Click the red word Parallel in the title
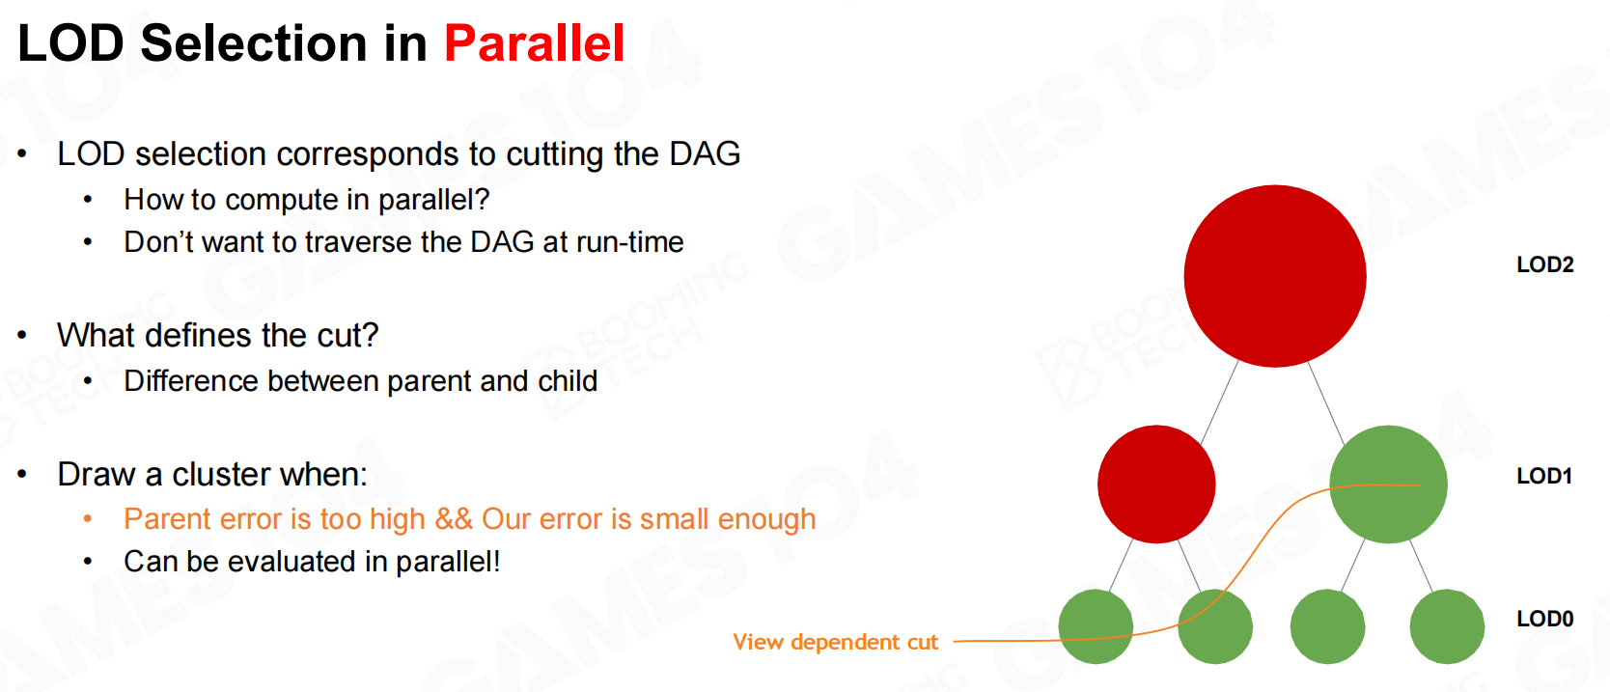[534, 43]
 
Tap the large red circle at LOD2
[1275, 276]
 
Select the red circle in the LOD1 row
[1156, 484]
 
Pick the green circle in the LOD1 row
[1389, 484]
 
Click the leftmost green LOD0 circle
[1096, 626]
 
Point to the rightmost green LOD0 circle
[1447, 626]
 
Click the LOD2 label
[1545, 264]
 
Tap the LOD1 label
[1544, 476]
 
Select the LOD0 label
[1545, 619]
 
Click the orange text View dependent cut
[835, 642]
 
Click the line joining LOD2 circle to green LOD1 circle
[1326, 403]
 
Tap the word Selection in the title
[254, 43]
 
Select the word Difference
[190, 381]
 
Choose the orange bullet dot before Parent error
[88, 519]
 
